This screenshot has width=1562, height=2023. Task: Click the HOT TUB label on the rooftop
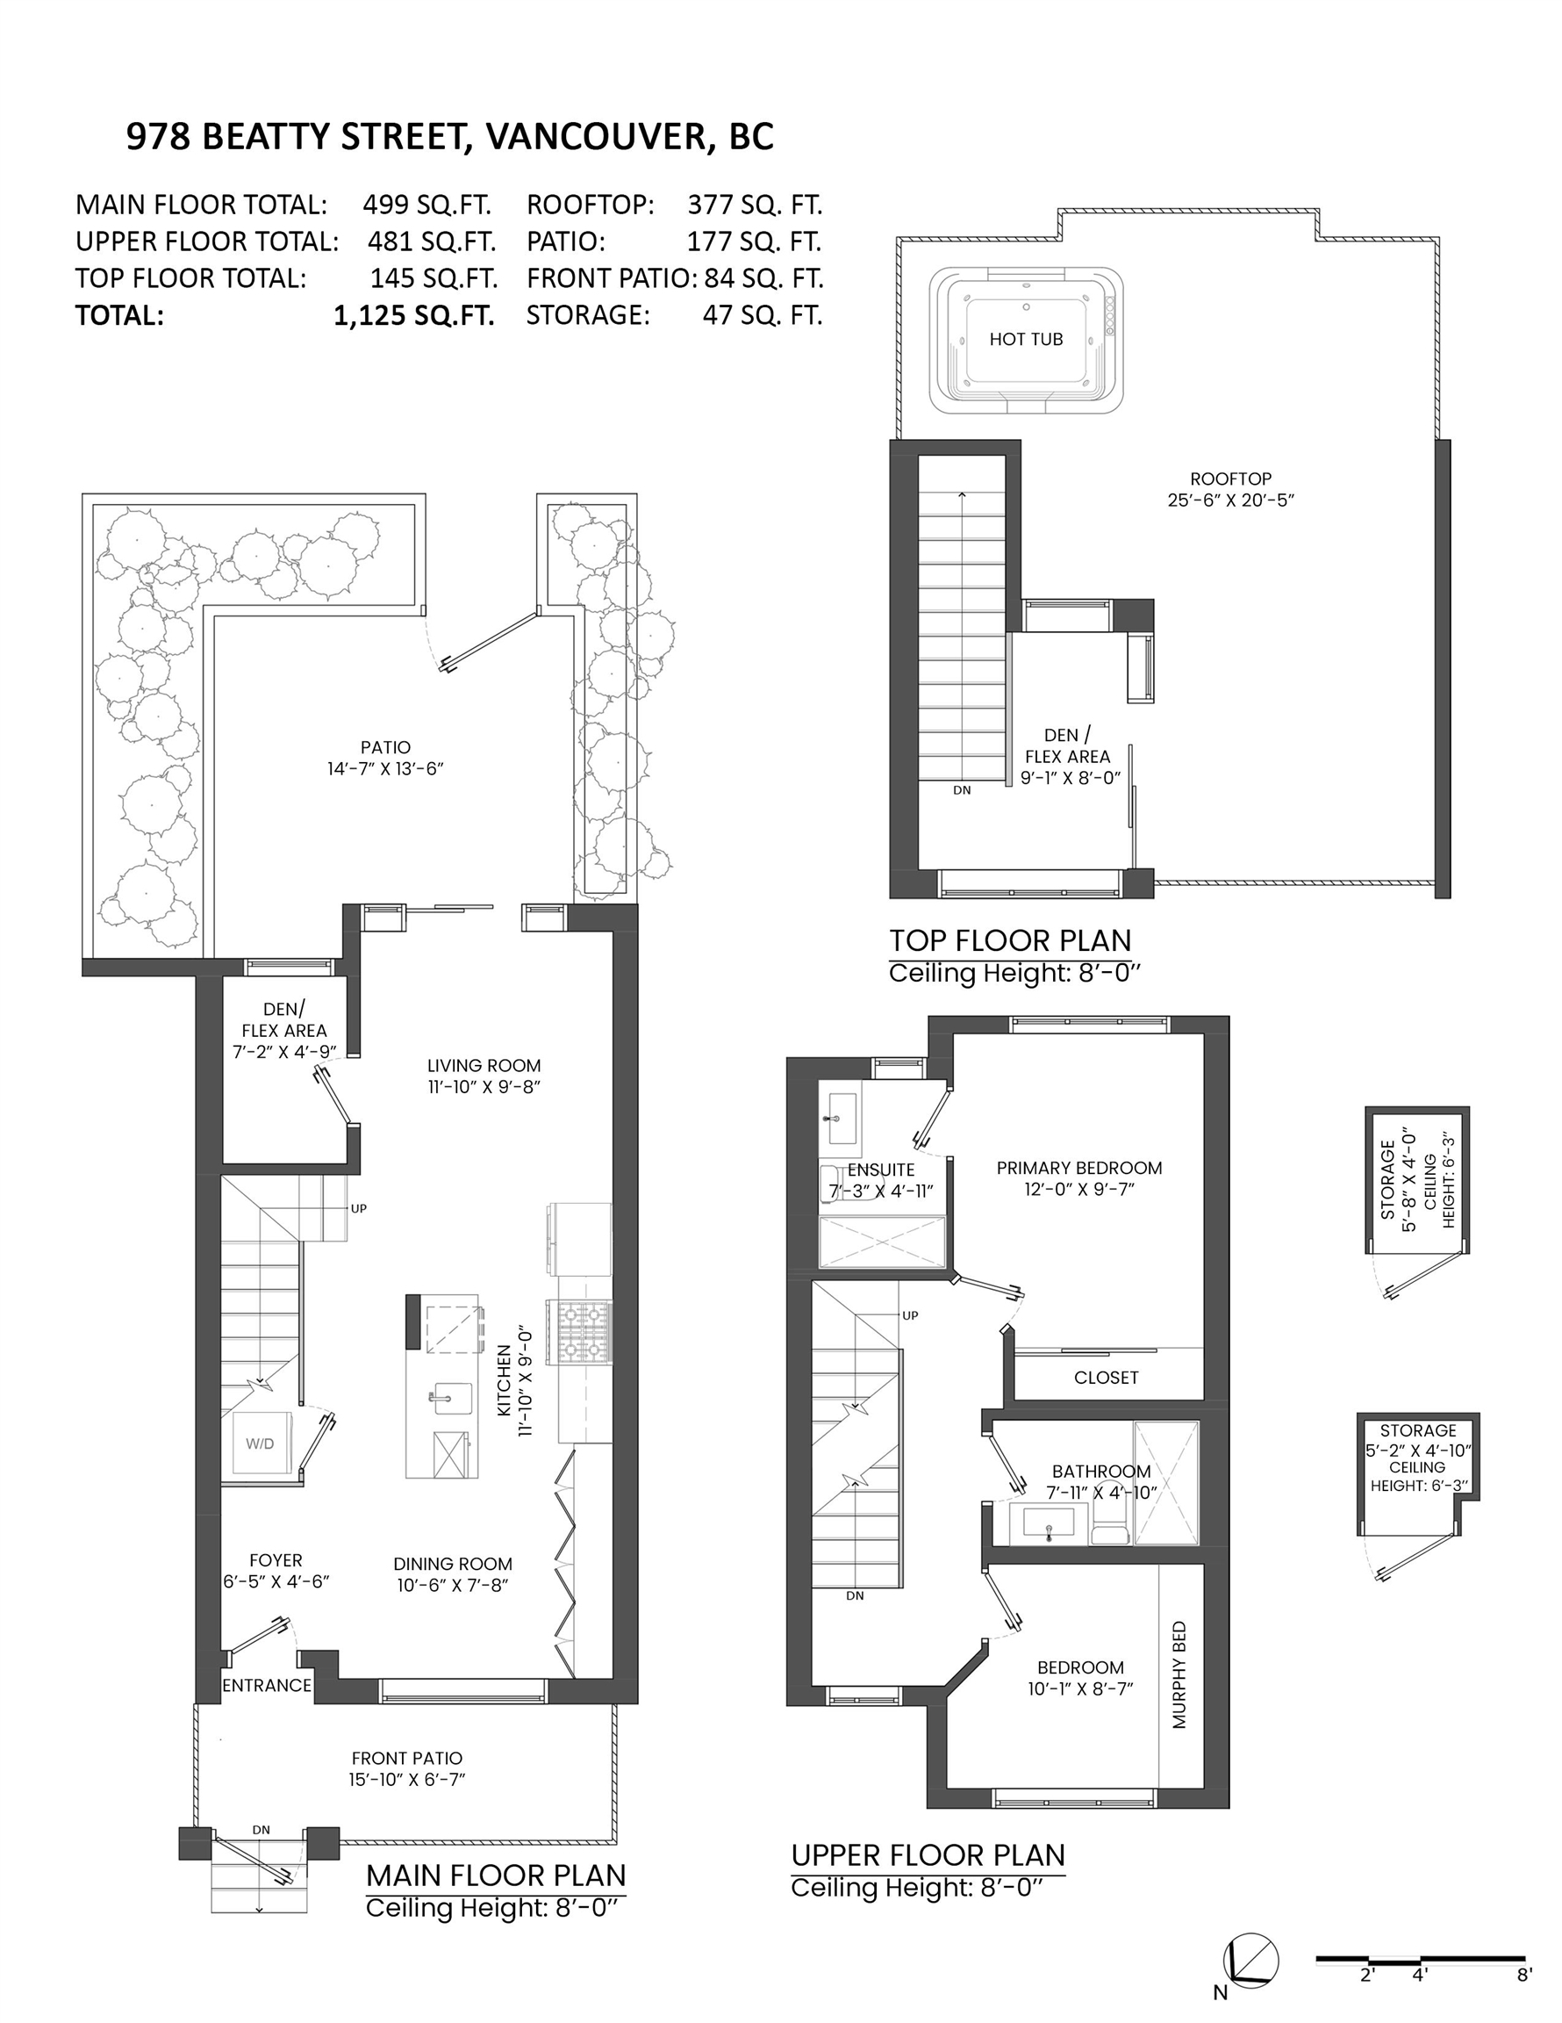click(x=1025, y=339)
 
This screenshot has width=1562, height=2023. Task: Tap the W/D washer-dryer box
click(x=260, y=1443)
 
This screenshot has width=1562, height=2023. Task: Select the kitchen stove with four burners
click(x=578, y=1332)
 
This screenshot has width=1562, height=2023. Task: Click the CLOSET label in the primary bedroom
click(x=1106, y=1378)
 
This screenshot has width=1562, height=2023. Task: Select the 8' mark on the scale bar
click(x=1524, y=1975)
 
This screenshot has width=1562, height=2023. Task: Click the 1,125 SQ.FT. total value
click(x=414, y=316)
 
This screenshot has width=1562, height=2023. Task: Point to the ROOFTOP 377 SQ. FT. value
click(x=755, y=205)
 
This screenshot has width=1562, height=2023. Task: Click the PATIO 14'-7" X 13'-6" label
click(x=385, y=758)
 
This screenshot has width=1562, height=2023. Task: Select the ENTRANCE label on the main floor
click(x=267, y=1685)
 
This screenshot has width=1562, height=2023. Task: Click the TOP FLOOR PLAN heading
click(x=1010, y=940)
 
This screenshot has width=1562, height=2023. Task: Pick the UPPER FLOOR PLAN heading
click(x=928, y=1854)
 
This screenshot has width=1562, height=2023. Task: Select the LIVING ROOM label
click(x=484, y=1076)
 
